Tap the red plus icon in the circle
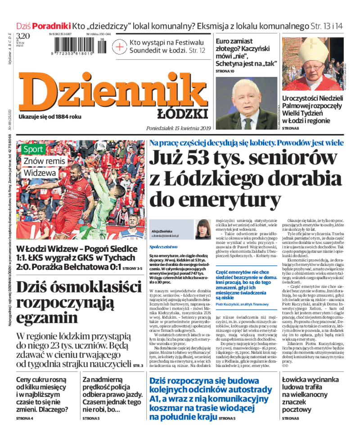pyautogui.click(x=119, y=46)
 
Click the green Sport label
pyautogui.click(x=33, y=149)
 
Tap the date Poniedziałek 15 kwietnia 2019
pyautogui.click(x=179, y=128)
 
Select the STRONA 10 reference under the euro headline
pyautogui.click(x=225, y=71)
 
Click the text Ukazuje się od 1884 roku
pyautogui.click(x=50, y=117)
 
